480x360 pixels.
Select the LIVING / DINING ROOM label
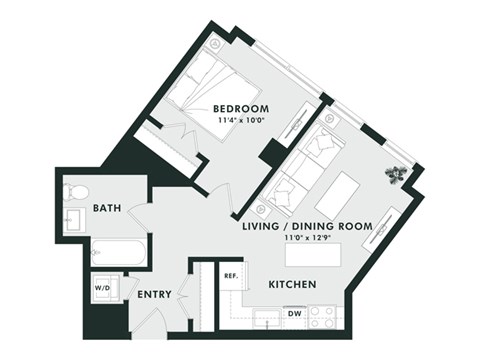(x=307, y=227)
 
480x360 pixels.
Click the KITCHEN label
(x=292, y=286)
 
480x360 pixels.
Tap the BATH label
(x=107, y=208)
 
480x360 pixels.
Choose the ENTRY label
(x=154, y=294)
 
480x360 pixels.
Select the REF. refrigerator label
(x=229, y=275)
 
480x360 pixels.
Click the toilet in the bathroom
(x=77, y=191)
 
